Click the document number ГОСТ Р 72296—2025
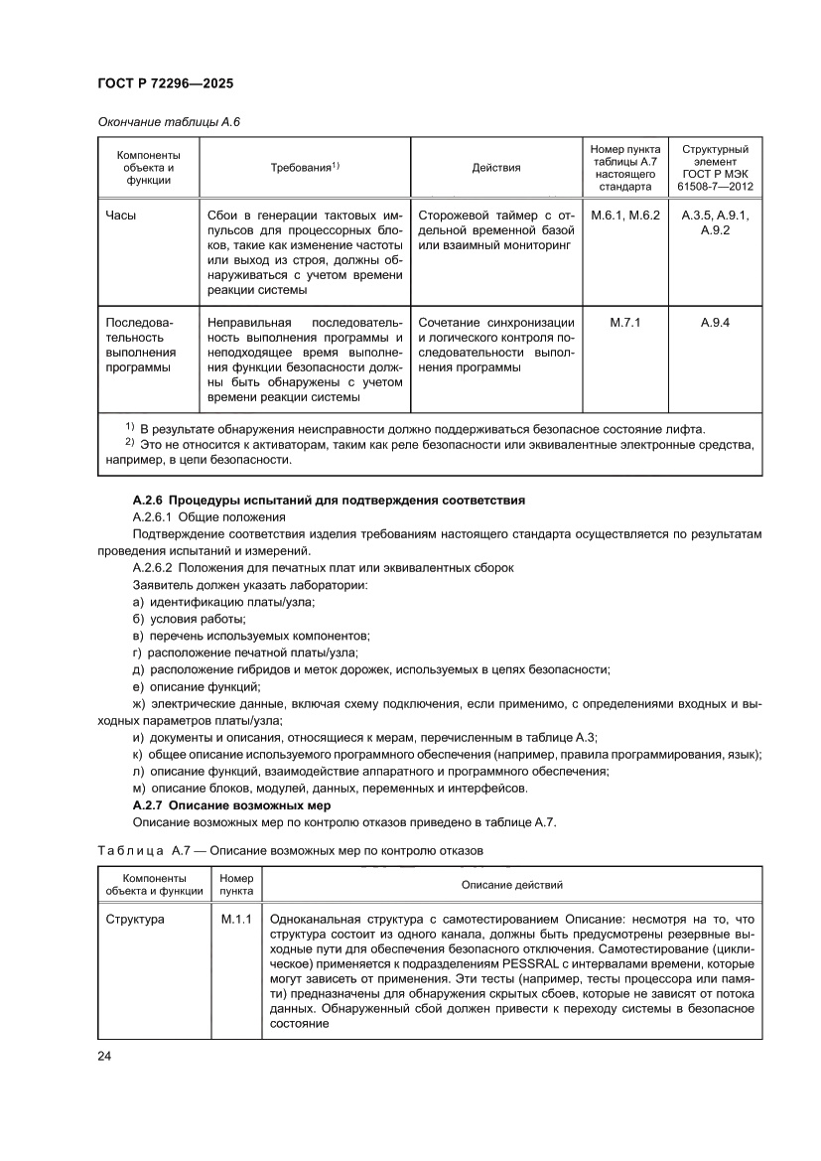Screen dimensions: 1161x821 (166, 85)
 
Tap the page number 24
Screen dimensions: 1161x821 (104, 1055)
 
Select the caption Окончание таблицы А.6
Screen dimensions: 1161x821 (169, 121)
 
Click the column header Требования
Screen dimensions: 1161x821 (305, 167)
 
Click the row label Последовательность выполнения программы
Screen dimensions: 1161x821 (141, 345)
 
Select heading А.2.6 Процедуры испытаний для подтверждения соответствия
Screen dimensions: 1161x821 (329, 499)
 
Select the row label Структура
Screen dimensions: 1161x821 (135, 920)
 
